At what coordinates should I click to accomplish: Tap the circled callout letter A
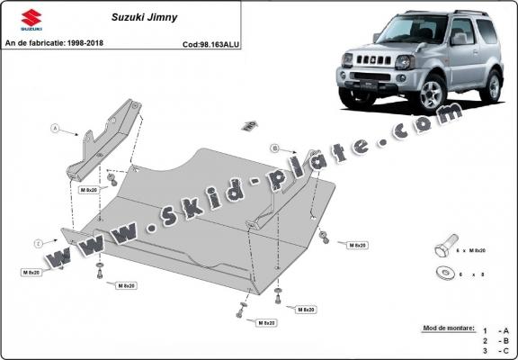pyautogui.click(x=56, y=130)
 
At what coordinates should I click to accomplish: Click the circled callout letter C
pyautogui.click(x=39, y=243)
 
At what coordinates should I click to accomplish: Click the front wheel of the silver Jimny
pyautogui.click(x=431, y=94)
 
